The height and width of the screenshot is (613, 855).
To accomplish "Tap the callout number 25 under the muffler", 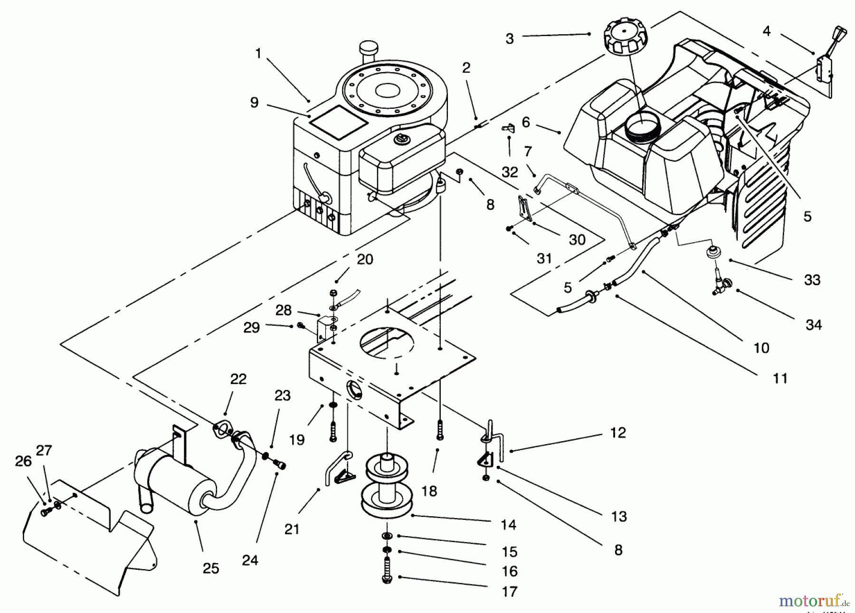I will tap(211, 568).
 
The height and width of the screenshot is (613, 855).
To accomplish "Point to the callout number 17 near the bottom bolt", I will tap(509, 592).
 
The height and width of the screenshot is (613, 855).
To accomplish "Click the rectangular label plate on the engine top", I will tap(338, 122).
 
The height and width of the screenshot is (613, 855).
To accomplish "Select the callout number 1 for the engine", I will tap(258, 54).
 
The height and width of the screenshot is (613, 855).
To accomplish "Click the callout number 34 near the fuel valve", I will tap(813, 325).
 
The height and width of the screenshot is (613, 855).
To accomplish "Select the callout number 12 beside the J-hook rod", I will tap(617, 433).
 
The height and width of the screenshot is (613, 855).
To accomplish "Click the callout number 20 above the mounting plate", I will tap(365, 260).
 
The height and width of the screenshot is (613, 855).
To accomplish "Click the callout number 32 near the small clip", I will tap(510, 172).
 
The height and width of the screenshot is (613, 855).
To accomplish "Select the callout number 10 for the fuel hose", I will tap(761, 348).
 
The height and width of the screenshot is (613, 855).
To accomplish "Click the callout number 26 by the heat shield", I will tap(23, 462).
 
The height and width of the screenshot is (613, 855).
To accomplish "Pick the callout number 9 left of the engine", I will tap(255, 103).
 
